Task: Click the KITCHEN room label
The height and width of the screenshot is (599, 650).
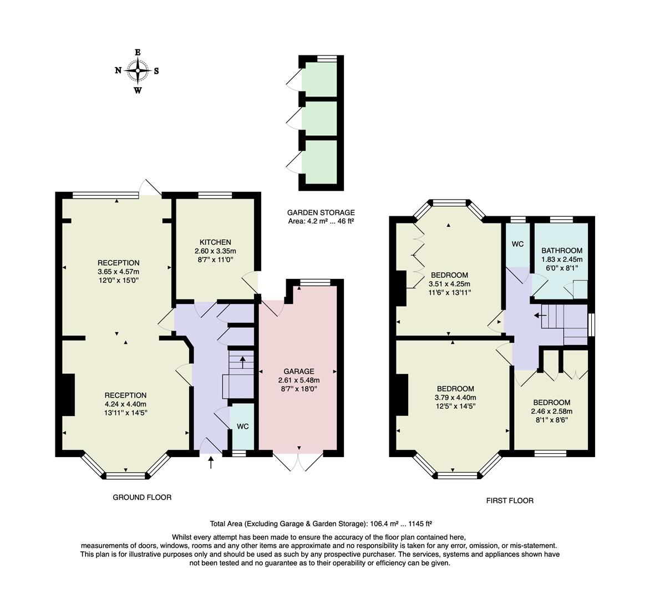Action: tap(215, 242)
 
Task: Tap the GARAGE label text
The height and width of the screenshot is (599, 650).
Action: tap(299, 372)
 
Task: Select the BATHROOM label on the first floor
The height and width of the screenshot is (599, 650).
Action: tap(562, 251)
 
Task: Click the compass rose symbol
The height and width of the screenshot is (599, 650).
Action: tap(137, 70)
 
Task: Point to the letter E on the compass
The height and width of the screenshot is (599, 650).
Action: tap(138, 52)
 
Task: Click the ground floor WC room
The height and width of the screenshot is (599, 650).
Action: tap(242, 427)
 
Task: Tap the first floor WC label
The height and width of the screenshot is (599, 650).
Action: tap(517, 244)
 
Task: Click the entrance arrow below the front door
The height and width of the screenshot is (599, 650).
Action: tap(210, 462)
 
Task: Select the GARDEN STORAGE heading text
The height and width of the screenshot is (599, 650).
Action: tap(321, 212)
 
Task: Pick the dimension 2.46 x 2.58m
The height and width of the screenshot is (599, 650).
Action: tap(551, 412)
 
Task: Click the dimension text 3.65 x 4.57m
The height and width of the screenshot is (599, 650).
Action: tap(118, 272)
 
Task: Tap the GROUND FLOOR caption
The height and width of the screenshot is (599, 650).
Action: tap(142, 498)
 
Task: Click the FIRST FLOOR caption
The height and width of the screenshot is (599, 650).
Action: tap(510, 500)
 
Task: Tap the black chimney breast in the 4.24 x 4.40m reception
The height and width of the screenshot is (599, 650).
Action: tap(68, 394)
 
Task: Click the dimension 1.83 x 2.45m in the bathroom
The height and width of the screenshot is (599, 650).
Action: tap(562, 259)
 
